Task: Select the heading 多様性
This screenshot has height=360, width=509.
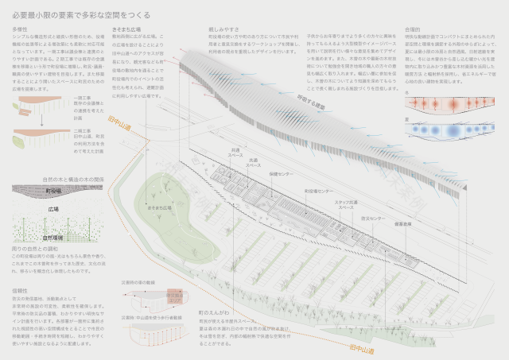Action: pyautogui.click(x=21, y=29)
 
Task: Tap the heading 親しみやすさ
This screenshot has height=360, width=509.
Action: pyautogui.click(x=221, y=29)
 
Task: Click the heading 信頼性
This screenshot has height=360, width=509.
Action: pyautogui.click(x=21, y=292)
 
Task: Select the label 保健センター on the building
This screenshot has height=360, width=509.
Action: pyautogui.click(x=280, y=172)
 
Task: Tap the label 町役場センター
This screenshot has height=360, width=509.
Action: pyautogui.click(x=317, y=191)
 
